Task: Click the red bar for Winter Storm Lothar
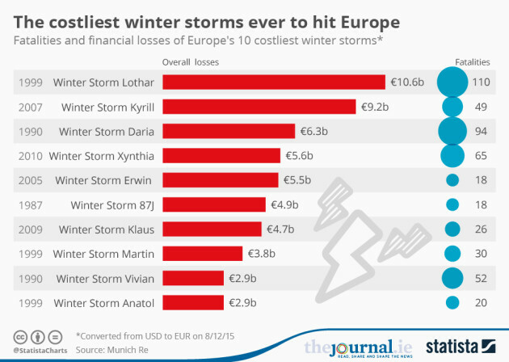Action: (x=274, y=82)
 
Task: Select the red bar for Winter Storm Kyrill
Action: (x=259, y=107)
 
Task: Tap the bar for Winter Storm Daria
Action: (x=229, y=131)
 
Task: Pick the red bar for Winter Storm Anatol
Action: (x=193, y=303)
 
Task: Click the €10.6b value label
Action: (x=407, y=82)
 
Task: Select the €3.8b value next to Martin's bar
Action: (x=262, y=254)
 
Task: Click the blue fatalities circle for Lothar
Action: (x=452, y=82)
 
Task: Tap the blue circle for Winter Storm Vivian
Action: (x=452, y=279)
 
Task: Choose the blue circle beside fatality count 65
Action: (x=452, y=155)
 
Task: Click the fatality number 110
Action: (x=482, y=82)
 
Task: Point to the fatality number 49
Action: (x=482, y=107)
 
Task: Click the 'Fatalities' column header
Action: (x=473, y=61)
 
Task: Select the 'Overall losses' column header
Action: (x=191, y=61)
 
